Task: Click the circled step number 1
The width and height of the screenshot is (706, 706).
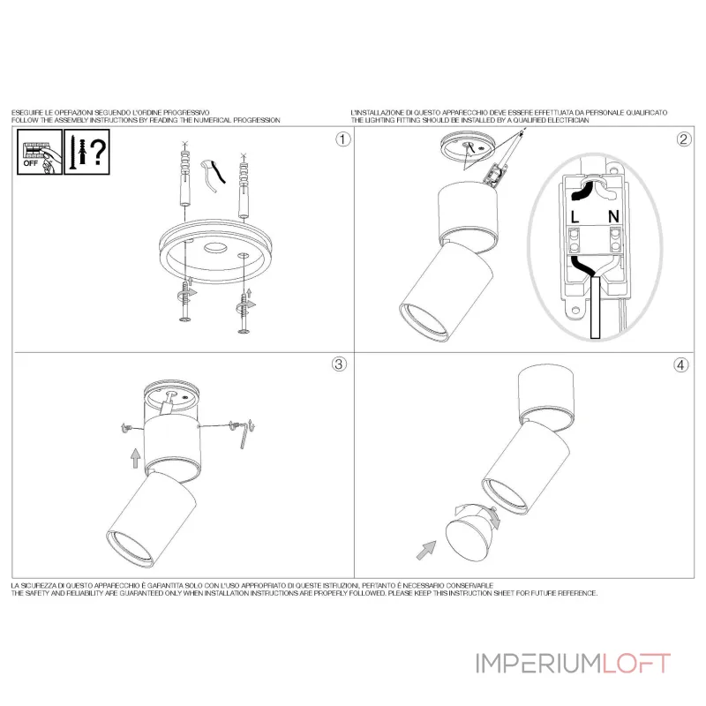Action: [x=342, y=139]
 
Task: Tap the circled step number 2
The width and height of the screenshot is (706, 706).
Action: [x=683, y=139]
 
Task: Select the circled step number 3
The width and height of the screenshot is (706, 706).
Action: [x=339, y=364]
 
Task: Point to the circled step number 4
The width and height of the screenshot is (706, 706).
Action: [x=680, y=364]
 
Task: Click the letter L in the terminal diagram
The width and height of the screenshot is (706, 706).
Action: [x=575, y=217]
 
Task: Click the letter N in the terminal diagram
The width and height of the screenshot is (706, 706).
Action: [x=613, y=216]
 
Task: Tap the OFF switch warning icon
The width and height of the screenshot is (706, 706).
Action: [x=40, y=152]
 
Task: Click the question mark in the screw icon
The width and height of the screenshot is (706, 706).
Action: [x=99, y=152]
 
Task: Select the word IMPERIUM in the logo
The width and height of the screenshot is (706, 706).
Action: [x=538, y=664]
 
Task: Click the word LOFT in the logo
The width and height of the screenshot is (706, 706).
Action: [x=636, y=664]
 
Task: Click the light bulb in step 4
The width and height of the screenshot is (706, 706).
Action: [x=470, y=534]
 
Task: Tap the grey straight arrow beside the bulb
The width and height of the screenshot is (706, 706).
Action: [x=426, y=550]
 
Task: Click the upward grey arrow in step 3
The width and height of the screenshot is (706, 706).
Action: [x=136, y=458]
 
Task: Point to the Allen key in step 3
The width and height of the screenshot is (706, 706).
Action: [x=244, y=434]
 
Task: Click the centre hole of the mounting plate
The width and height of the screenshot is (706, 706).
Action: [x=215, y=248]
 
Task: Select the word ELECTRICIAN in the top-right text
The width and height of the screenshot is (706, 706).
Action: [x=570, y=120]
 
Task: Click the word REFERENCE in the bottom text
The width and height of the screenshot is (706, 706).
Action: [x=578, y=593]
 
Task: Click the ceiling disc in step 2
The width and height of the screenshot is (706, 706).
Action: [x=469, y=146]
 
